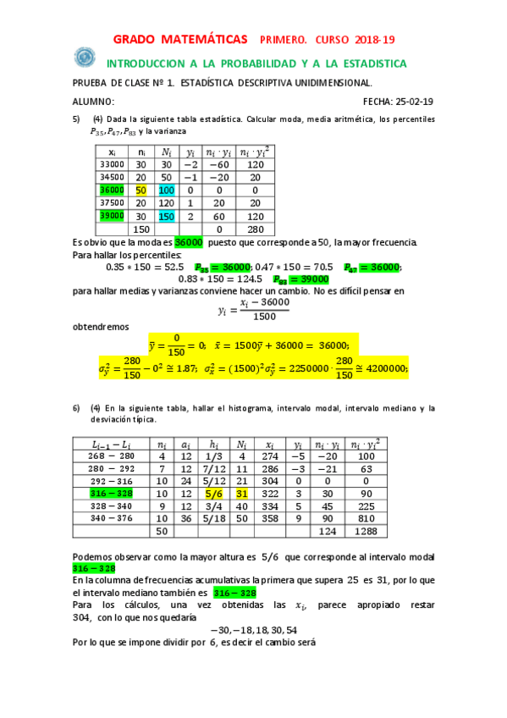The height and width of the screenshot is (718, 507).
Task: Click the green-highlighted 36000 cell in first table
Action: (x=112, y=191)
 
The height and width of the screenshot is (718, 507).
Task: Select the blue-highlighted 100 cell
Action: (x=166, y=191)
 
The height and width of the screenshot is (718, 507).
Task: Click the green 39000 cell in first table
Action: (x=112, y=216)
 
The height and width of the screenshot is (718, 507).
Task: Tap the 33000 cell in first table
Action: (x=112, y=164)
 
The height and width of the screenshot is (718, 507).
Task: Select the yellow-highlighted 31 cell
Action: (x=242, y=493)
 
